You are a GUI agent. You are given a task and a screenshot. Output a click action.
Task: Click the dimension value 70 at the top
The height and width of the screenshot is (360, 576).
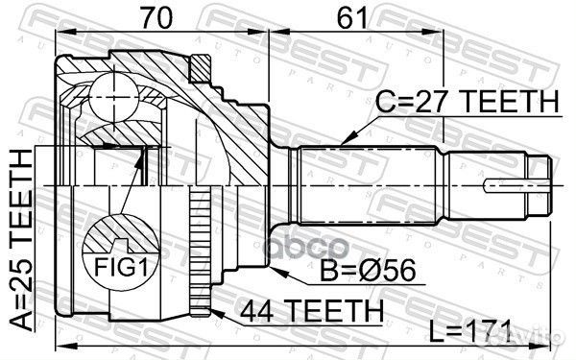click(x=156, y=17)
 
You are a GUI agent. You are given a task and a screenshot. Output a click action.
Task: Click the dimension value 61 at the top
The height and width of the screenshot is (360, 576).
click(x=352, y=17)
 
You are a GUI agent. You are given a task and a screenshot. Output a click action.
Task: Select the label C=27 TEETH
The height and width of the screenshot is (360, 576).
click(x=467, y=101)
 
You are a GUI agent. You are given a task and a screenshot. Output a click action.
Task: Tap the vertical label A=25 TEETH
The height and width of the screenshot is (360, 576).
click(x=20, y=240)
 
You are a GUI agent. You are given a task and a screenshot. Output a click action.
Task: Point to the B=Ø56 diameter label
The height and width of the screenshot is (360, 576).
click(x=368, y=270)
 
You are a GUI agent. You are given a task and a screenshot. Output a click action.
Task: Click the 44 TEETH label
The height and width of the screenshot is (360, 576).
click(x=311, y=310)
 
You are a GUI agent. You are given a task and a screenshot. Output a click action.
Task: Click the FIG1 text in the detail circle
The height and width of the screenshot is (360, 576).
click(x=121, y=267)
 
